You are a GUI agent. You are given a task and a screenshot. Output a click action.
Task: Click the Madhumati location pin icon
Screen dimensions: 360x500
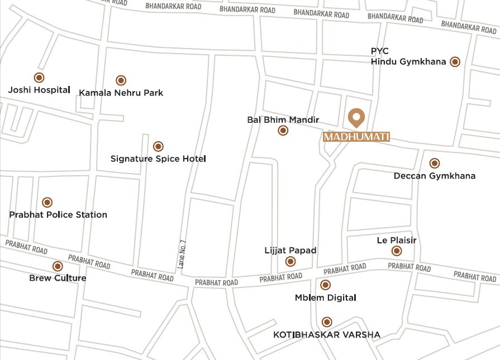click(356, 118)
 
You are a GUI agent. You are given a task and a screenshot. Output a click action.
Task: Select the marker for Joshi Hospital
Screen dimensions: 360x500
click(39, 78)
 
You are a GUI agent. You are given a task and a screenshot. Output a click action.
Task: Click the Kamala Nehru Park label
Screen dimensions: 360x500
click(121, 93)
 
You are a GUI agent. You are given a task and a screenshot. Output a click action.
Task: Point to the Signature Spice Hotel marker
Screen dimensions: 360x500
click(158, 146)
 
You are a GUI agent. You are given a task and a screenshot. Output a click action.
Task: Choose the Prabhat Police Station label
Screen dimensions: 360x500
click(58, 215)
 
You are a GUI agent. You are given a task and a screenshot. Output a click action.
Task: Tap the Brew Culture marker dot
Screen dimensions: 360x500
click(58, 266)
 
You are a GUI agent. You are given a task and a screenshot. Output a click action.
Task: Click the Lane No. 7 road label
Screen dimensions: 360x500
click(182, 254)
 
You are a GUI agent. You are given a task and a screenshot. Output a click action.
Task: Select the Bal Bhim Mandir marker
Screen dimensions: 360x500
click(283, 131)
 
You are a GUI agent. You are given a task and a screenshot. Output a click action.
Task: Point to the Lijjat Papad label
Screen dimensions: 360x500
click(291, 251)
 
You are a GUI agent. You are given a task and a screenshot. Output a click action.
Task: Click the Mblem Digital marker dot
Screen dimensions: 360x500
click(326, 285)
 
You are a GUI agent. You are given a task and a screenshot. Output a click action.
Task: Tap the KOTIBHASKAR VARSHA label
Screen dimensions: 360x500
click(327, 335)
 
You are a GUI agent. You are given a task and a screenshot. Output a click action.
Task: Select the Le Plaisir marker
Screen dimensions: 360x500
click(397, 251)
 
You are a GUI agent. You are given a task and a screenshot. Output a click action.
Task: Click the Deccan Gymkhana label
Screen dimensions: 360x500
click(435, 176)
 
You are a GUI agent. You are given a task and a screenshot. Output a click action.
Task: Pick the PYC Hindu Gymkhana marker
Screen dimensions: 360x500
click(455, 62)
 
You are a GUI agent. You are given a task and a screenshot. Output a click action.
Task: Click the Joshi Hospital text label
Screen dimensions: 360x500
click(39, 90)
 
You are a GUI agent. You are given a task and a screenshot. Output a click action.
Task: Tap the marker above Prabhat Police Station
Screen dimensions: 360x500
click(47, 202)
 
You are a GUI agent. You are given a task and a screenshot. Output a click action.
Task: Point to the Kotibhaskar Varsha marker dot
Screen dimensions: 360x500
click(327, 322)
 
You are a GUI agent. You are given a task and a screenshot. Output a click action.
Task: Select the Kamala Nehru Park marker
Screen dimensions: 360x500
click(121, 80)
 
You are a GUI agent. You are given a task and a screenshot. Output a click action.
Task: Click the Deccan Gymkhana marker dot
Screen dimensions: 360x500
click(435, 163)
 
